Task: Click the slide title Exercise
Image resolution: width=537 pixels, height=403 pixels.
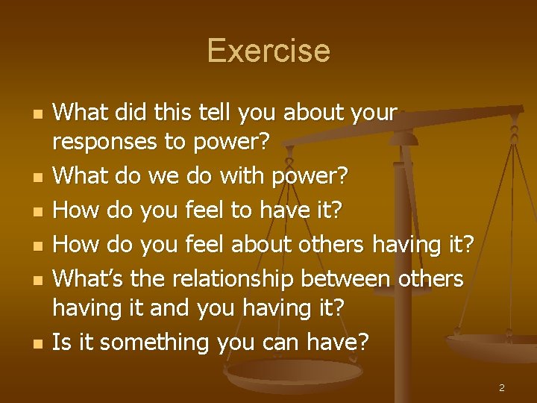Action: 268,51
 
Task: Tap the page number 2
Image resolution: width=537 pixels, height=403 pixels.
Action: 502,388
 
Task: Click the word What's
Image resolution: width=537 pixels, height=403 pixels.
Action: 88,278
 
